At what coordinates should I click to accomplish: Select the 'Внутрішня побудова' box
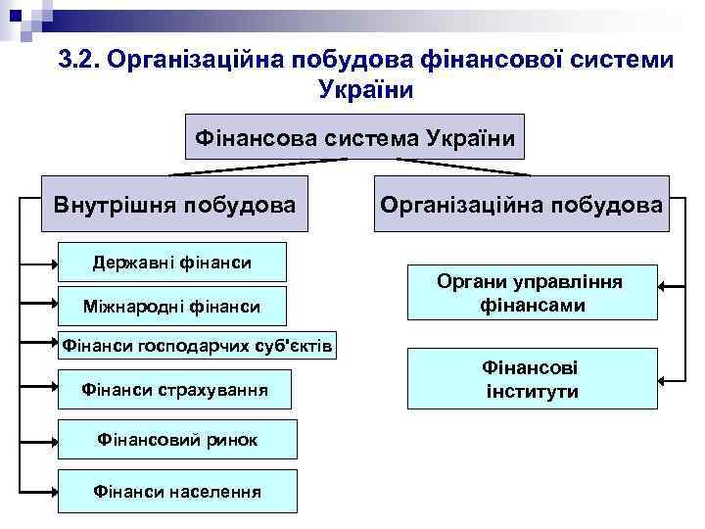point(174,205)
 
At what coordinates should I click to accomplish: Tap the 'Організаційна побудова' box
point(521,204)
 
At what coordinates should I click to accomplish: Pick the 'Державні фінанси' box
point(171,262)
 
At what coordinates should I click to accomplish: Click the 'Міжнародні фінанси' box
point(171,307)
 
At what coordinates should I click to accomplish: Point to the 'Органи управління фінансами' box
point(532,293)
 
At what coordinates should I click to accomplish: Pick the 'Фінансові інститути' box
point(532,379)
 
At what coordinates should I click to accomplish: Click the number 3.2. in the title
point(78,61)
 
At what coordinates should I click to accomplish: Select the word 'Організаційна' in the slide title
point(193,61)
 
